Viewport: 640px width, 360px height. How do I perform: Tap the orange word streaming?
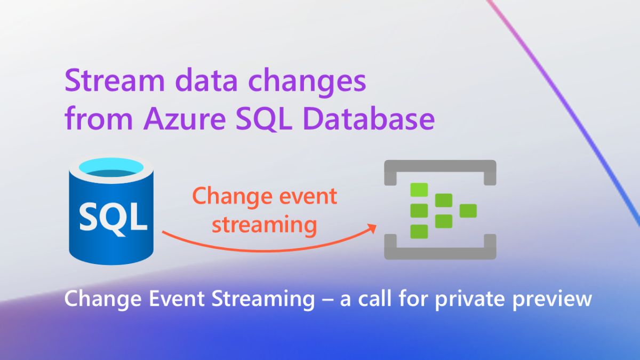pyautogui.click(x=265, y=225)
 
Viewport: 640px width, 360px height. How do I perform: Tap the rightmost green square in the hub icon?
pyautogui.click(x=468, y=211)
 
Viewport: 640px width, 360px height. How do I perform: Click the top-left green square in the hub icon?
pyautogui.click(x=419, y=189)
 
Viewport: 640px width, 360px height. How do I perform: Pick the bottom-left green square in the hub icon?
pyautogui.click(x=419, y=231)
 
